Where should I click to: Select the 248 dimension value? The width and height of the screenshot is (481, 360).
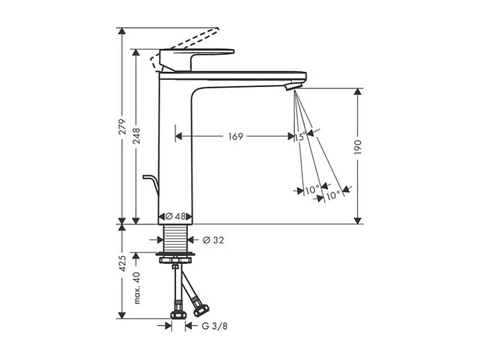[x=137, y=136]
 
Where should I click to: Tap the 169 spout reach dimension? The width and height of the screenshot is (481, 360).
[x=236, y=136]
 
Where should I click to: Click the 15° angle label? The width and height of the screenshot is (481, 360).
[x=301, y=136]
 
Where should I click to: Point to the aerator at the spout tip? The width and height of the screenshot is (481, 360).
[x=292, y=87]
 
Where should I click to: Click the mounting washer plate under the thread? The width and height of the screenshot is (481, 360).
[x=176, y=254]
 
